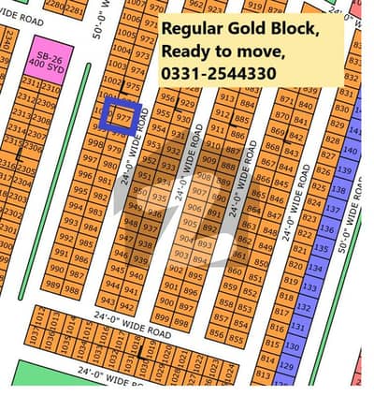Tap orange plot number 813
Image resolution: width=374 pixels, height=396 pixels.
269,375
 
